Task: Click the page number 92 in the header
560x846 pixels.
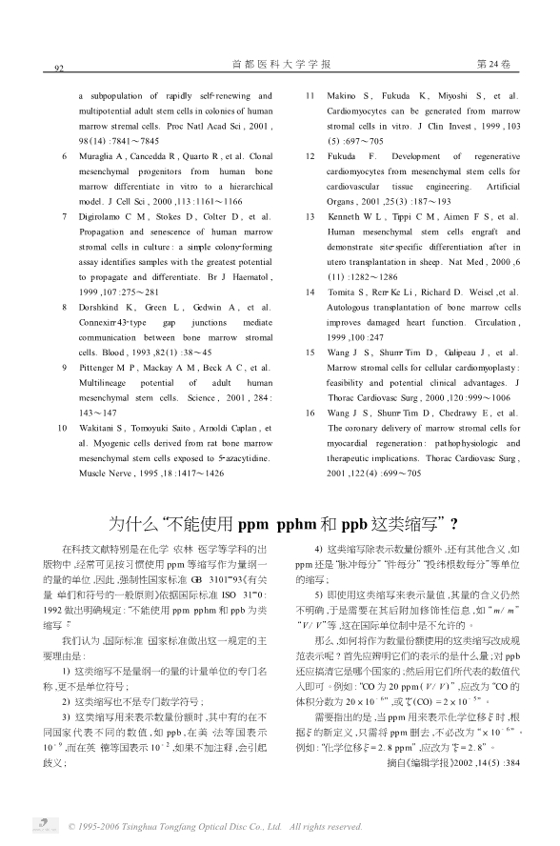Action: (x=58, y=68)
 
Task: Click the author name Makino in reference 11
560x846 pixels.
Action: (x=344, y=96)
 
